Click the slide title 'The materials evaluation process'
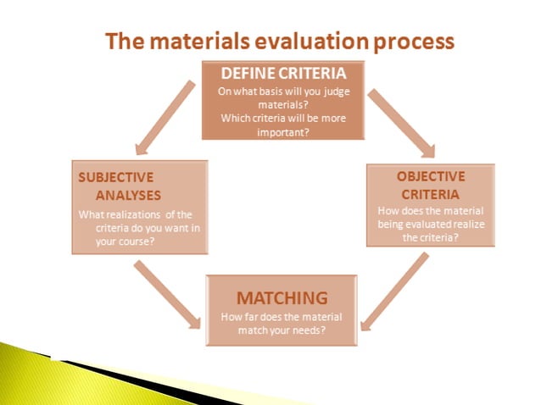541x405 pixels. [279, 41]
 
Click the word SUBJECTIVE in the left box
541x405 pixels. [116, 177]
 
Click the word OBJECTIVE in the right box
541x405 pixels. [431, 176]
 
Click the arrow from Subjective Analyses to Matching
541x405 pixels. [169, 294]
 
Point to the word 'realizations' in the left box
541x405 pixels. [137, 214]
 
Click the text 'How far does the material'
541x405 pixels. [281, 317]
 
